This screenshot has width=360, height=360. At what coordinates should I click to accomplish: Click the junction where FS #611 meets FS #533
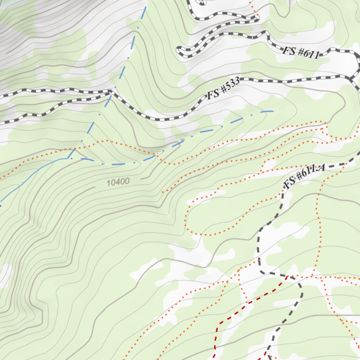tap(351, 78)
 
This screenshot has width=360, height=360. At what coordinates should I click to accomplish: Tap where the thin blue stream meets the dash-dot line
tap(67, 158)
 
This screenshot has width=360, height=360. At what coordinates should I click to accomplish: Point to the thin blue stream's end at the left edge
tap(1, 204)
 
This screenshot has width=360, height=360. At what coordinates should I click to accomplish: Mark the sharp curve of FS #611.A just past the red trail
tap(301, 287)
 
